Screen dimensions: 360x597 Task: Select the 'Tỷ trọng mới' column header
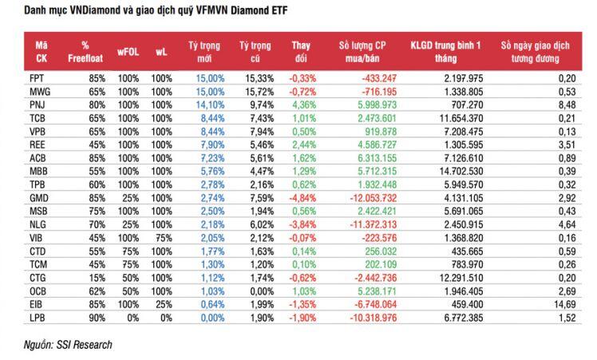pos(205,50)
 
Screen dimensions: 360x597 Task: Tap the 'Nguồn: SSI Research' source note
pos(68,345)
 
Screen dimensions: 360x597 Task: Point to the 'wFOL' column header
pos(128,50)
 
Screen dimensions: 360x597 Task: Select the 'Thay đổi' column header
pos(302,50)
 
